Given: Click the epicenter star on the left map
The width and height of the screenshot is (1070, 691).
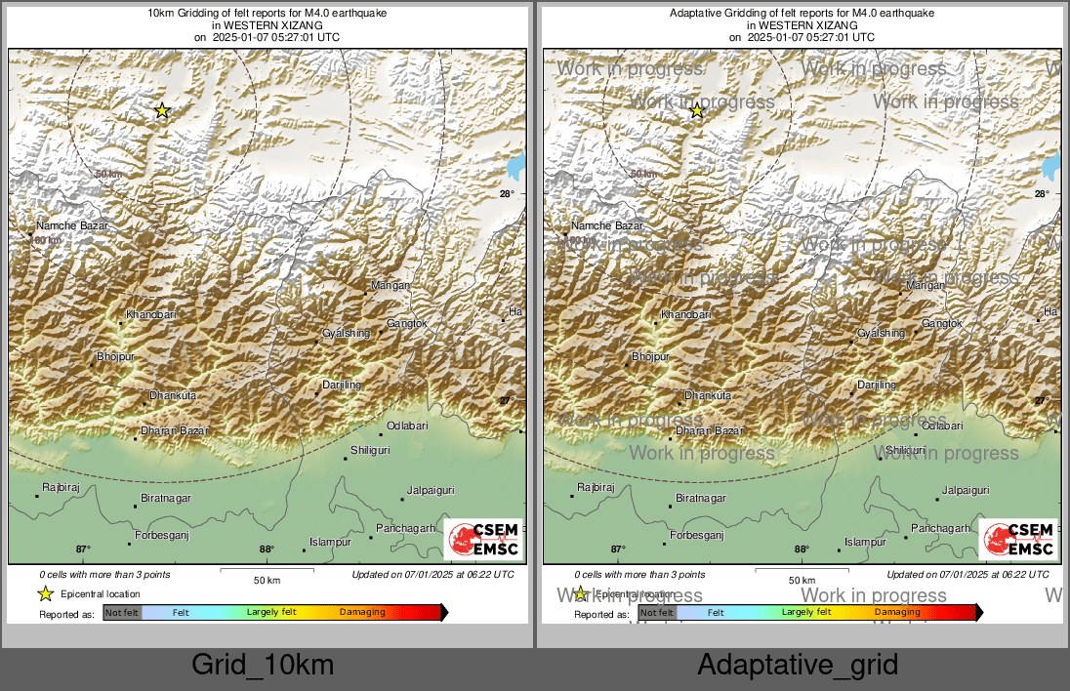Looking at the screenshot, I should point(162,111).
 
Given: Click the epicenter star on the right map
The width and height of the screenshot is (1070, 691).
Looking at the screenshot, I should point(697,111).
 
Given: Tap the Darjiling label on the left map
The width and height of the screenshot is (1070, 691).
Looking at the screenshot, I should point(342,385).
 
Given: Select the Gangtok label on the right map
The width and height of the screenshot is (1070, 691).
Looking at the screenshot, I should point(942,323).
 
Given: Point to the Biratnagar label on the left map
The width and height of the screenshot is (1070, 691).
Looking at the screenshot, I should point(166,499).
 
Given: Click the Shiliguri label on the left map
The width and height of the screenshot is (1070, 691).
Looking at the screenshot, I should point(371,450).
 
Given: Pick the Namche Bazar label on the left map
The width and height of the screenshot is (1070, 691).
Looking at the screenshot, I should point(72,225).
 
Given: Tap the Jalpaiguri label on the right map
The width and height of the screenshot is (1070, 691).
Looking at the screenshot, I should point(966,491).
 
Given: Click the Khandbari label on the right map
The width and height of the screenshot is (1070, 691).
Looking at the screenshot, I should point(686,315).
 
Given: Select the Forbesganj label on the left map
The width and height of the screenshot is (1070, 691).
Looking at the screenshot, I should point(161,535).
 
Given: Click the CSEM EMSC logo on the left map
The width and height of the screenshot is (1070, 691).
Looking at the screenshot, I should point(483,540).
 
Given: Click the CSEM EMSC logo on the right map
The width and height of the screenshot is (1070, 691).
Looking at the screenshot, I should point(1018,540).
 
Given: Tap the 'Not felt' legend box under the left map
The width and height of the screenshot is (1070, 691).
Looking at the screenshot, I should point(123,613).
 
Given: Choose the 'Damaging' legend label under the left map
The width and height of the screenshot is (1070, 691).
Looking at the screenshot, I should point(362,612).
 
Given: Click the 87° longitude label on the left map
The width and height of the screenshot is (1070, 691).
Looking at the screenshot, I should point(83,549).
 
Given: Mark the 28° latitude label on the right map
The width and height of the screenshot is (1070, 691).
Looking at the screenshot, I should point(1042,194).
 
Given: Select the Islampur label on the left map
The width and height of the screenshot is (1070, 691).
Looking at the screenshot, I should point(330,542).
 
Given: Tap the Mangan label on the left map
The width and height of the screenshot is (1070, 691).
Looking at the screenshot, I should point(391,285).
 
